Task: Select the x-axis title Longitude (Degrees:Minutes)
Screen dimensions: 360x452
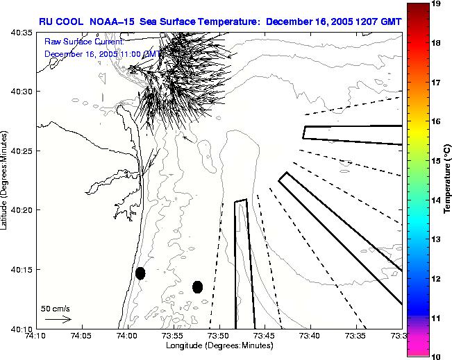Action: tap(219, 345)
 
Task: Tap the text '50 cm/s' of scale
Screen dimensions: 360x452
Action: tap(55, 308)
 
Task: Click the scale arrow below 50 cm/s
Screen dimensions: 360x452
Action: tap(58, 319)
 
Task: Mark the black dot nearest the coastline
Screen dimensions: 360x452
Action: tap(140, 273)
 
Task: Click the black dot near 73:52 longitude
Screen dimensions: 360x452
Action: tap(198, 286)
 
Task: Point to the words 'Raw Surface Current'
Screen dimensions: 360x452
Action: tap(83, 42)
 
